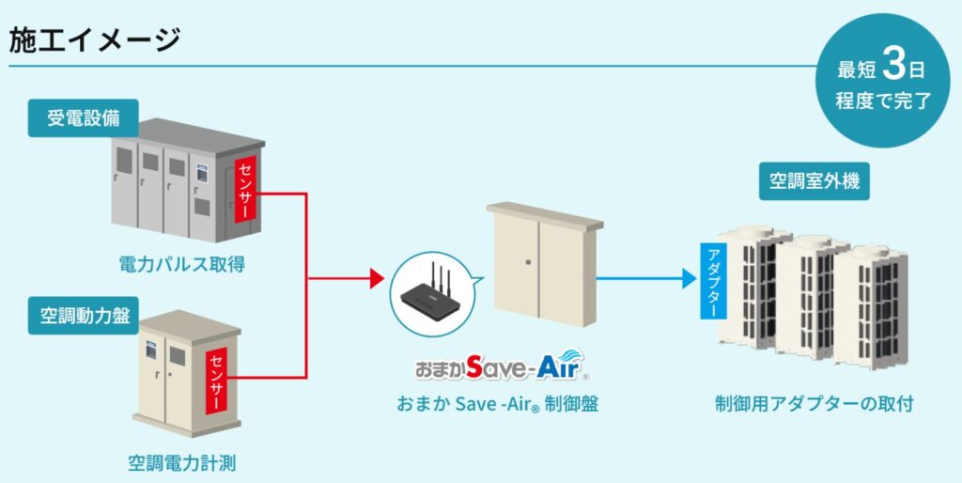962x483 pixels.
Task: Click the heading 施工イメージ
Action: coord(94,39)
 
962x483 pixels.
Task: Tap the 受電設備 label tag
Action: coord(83,118)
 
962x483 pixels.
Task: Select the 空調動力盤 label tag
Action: coord(83,317)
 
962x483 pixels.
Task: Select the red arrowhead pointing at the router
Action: coord(378,279)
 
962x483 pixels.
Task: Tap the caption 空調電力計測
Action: coord(188,462)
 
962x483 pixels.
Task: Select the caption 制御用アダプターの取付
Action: coord(814,404)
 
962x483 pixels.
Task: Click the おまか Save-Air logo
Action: coord(501,366)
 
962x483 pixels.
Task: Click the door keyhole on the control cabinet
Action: coord(531,262)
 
